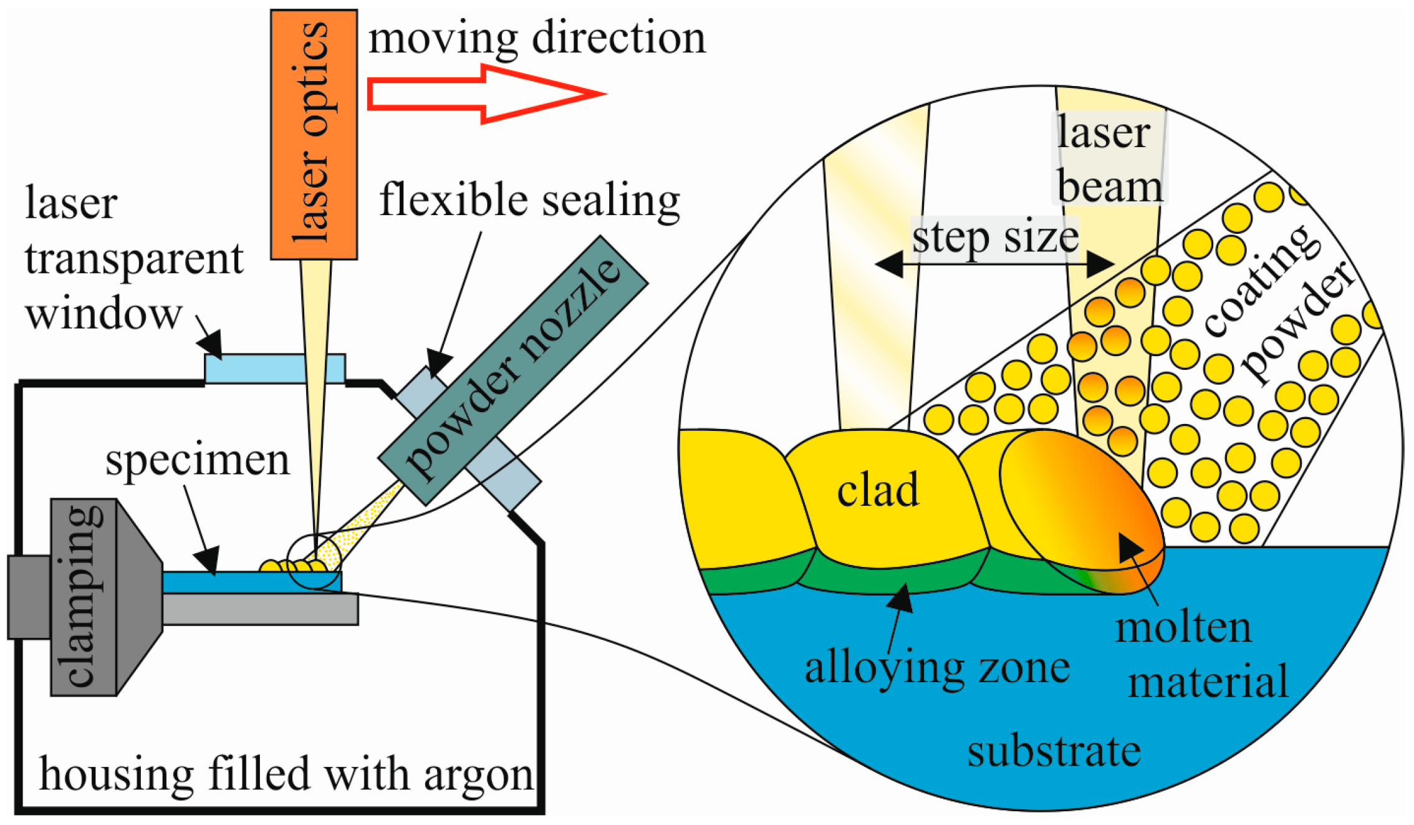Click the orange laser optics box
click(314, 134)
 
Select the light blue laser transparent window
click(274, 368)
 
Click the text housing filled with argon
click(286, 774)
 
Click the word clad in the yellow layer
click(877, 490)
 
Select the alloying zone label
click(937, 668)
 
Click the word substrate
click(1054, 751)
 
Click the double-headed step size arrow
click(994, 264)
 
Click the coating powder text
click(1278, 306)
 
